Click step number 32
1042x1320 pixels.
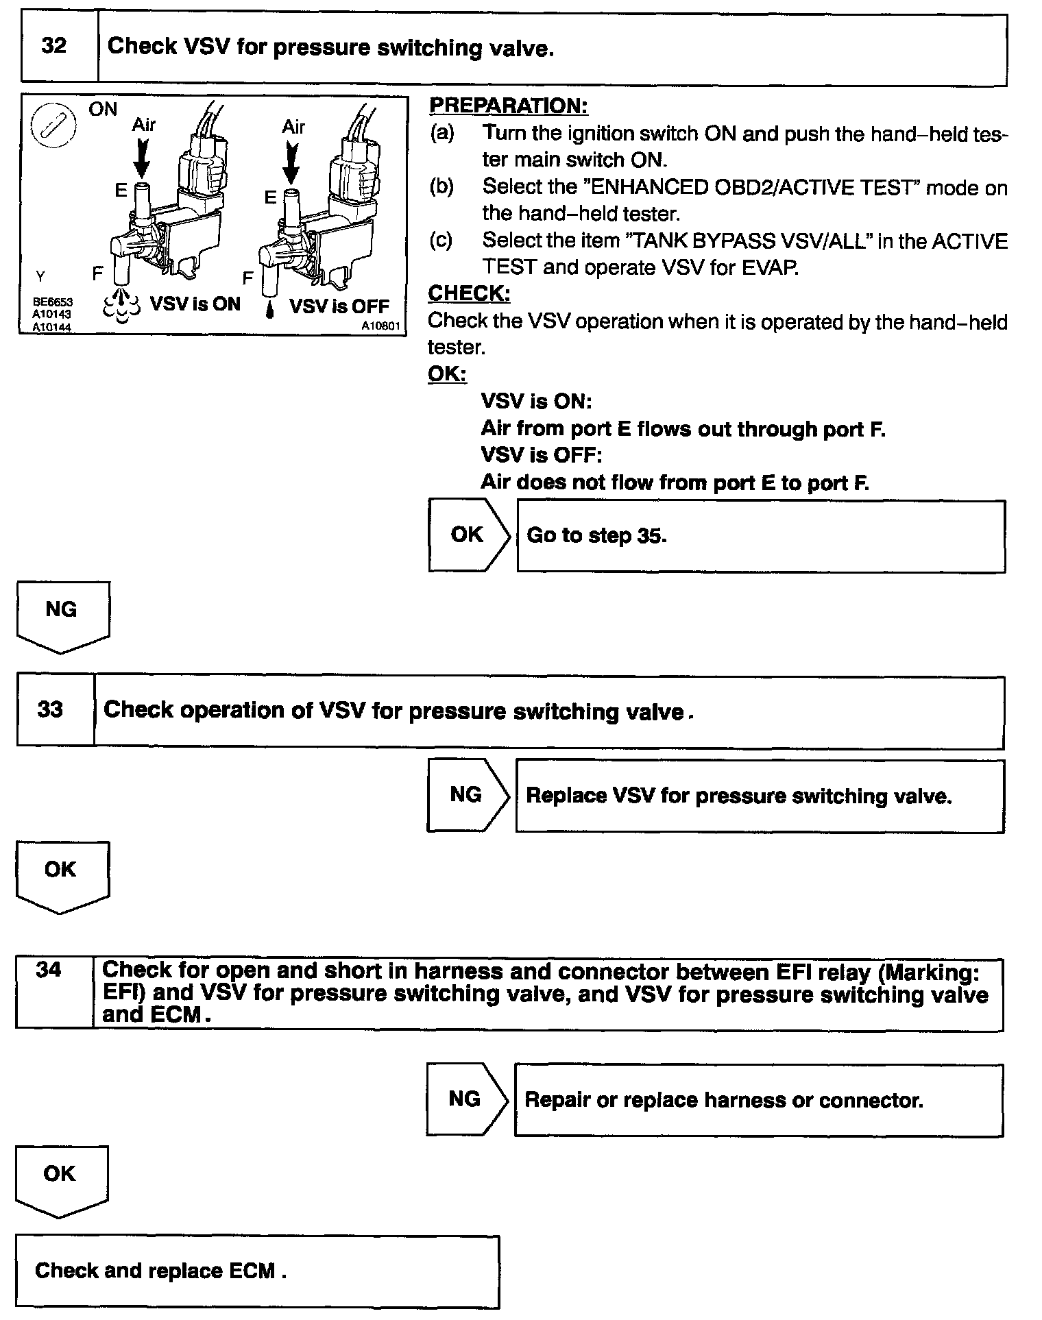tap(54, 46)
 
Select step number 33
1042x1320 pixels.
tap(50, 709)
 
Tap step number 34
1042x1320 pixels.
tap(48, 970)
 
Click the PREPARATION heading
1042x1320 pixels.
tap(508, 106)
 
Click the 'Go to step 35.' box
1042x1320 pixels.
tap(760, 536)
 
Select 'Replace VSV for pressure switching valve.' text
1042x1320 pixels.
tap(738, 796)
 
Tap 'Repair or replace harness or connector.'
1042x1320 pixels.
tap(723, 1100)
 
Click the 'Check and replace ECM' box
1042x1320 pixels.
tap(257, 1271)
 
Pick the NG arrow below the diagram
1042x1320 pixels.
tap(62, 614)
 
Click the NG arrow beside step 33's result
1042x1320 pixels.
tap(468, 795)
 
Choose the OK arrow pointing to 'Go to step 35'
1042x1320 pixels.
tap(468, 535)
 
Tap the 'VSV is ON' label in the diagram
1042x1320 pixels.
tap(195, 304)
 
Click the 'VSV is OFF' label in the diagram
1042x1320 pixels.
tap(339, 306)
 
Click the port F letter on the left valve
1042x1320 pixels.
tap(97, 274)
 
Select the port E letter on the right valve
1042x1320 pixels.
tap(270, 197)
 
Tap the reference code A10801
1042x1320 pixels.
tap(380, 326)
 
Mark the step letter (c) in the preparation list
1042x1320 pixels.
tap(441, 241)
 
